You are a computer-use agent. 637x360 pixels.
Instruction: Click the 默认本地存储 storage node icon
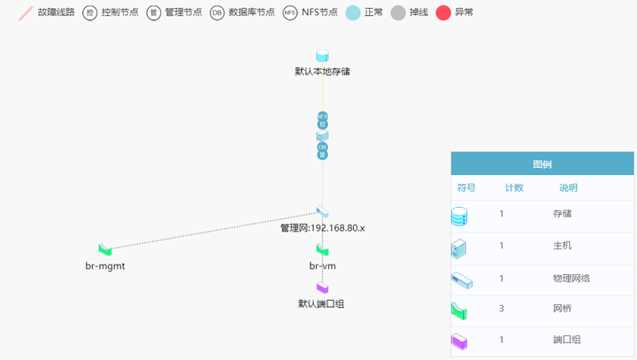(x=322, y=57)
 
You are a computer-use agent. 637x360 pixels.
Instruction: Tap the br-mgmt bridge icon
(x=105, y=251)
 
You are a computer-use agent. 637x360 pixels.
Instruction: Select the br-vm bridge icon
(x=322, y=251)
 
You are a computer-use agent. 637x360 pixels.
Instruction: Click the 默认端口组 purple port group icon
(x=322, y=288)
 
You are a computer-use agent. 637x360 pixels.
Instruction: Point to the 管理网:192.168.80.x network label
(x=322, y=228)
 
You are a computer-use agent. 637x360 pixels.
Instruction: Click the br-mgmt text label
(x=105, y=265)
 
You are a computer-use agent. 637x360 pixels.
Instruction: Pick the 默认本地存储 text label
(x=322, y=71)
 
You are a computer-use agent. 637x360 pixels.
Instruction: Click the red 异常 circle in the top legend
(x=443, y=12)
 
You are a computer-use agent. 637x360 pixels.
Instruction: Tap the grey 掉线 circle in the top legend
(x=398, y=12)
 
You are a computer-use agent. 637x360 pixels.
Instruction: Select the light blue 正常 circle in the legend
(x=352, y=12)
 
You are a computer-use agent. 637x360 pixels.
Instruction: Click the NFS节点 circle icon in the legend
(x=291, y=12)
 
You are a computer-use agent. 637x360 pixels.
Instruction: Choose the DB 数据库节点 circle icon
(x=217, y=12)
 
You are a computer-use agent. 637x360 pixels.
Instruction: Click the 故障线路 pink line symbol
(x=26, y=12)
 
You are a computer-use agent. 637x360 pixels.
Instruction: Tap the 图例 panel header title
(x=542, y=165)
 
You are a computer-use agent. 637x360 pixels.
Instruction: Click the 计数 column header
(x=514, y=188)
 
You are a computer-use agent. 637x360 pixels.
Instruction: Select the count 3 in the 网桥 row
(x=502, y=309)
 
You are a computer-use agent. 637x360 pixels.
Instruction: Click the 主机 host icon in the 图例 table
(x=458, y=248)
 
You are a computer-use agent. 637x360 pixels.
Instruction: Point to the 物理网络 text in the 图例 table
(x=571, y=278)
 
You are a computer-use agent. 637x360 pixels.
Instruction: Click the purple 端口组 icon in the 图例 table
(x=458, y=341)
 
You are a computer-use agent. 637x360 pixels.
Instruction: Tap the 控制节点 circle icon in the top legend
(x=90, y=12)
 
